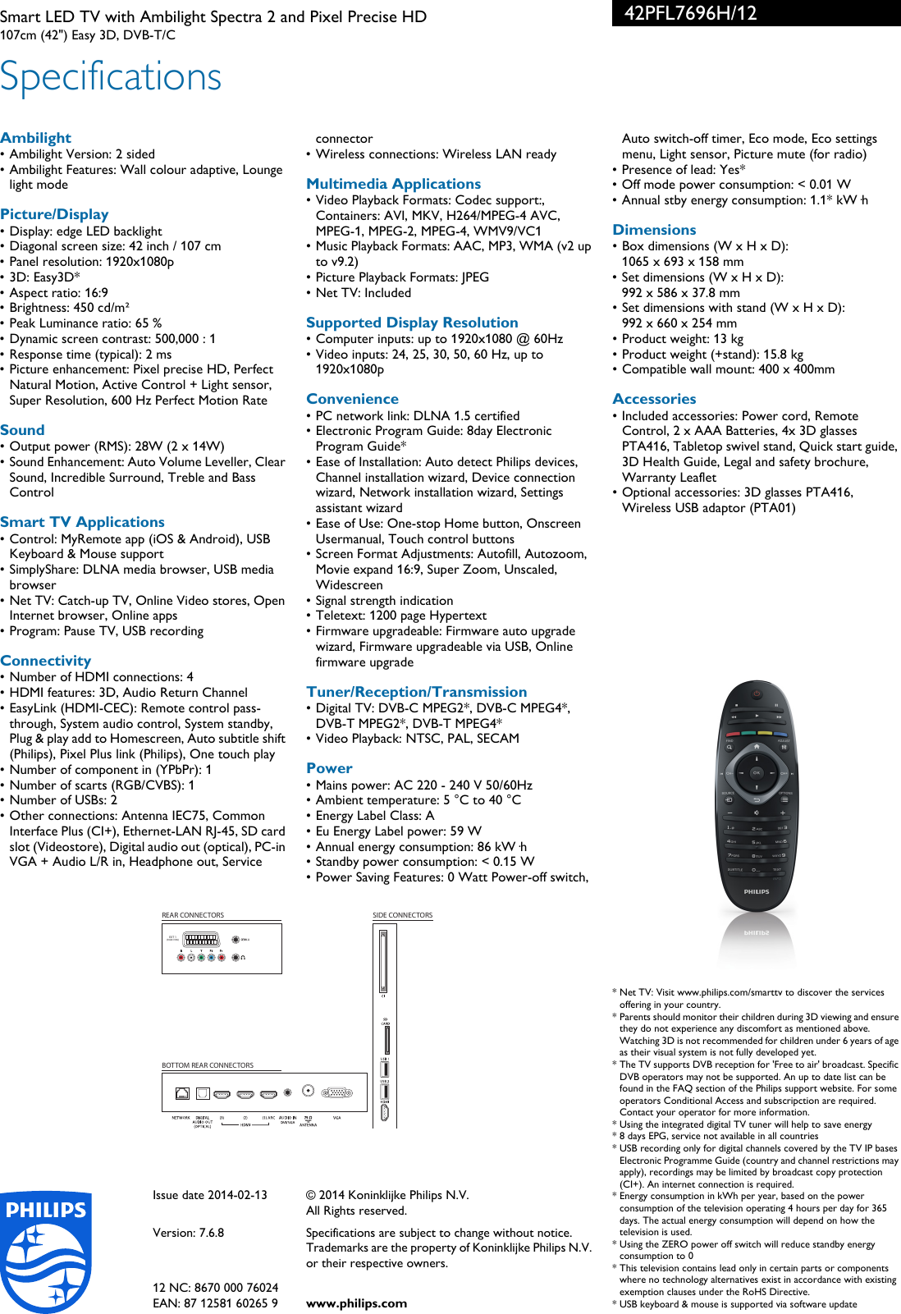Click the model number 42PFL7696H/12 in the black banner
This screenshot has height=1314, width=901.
point(690,13)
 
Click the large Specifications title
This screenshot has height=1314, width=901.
point(111,77)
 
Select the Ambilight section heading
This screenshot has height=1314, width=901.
point(35,138)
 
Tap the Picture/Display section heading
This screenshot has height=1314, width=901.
point(54,214)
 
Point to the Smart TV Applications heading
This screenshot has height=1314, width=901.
point(82,522)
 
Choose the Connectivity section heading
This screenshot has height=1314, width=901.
point(46,661)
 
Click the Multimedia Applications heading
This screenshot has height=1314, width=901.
point(393,184)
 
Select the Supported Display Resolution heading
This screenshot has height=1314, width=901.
point(412,323)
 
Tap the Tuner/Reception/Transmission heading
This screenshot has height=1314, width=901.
point(416,692)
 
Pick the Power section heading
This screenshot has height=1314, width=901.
point(329,768)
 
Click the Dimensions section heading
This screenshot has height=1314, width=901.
point(654,230)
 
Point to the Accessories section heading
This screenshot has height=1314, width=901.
point(654,399)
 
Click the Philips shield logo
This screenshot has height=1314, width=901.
point(46,1251)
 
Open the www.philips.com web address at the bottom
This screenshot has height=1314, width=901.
point(356,1303)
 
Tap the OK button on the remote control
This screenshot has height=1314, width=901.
point(757,772)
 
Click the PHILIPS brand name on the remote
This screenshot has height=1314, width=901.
point(757,891)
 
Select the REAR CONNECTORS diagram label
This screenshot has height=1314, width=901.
point(193,915)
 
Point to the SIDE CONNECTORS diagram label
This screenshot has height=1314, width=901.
point(402,915)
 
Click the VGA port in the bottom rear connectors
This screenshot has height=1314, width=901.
point(336,1093)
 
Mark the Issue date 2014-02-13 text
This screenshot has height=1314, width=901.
point(210,1195)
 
